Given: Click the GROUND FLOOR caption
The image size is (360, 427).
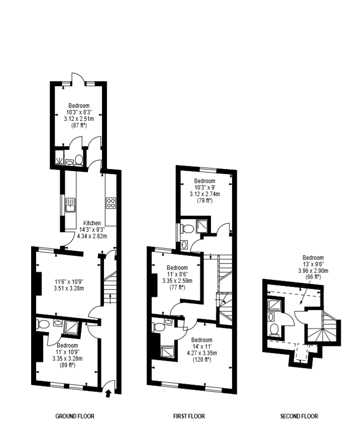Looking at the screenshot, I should tap(75, 416).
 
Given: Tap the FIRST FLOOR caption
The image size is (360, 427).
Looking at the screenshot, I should tap(189, 416).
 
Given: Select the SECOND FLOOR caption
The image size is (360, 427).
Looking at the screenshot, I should tap(299, 416).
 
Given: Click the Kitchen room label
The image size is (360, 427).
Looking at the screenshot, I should tap(92, 223).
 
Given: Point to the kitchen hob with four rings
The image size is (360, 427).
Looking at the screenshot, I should tap(110, 203).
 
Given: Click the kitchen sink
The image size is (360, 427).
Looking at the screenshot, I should tap(70, 205).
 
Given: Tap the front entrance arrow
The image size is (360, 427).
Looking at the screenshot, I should tap(109, 393).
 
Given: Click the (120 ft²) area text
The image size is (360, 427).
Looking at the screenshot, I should tap(202, 359).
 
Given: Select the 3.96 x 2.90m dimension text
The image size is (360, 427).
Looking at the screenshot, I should tap(313, 270).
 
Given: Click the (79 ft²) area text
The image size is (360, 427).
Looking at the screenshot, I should tap(204, 201).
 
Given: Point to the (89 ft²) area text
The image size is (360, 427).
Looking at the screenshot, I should tap(67, 365).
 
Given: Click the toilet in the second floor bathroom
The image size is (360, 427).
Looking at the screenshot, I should tap(274, 329).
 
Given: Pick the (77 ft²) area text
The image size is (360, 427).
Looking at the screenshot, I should tap(177, 288).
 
